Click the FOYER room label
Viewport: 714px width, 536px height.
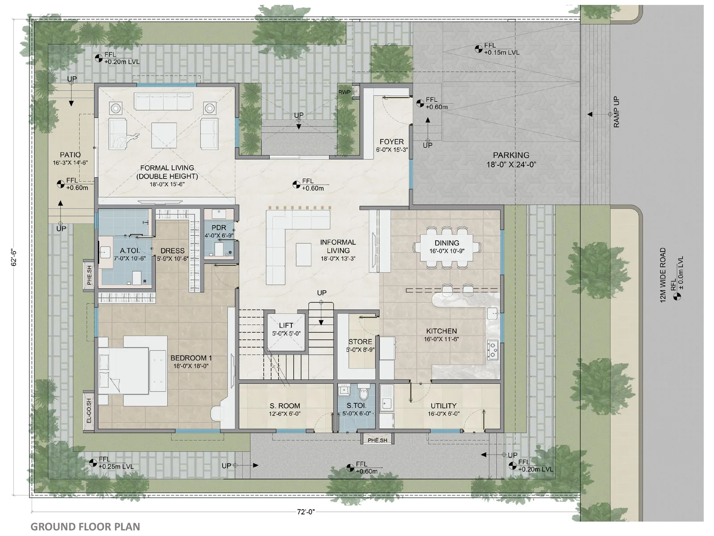click(x=392, y=142)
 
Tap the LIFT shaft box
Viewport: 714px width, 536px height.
click(x=286, y=332)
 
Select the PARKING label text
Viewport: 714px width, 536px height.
click(x=511, y=155)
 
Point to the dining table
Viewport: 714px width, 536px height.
click(x=447, y=247)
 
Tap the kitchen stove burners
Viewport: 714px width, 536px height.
click(x=493, y=350)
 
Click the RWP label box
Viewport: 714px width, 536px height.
click(x=345, y=92)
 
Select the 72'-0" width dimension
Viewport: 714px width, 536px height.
click(x=306, y=512)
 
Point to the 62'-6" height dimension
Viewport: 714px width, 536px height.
click(x=14, y=258)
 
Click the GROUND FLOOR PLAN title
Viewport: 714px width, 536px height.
click(x=85, y=527)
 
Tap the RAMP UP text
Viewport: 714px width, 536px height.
click(x=616, y=112)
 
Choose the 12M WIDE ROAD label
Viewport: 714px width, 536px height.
click(x=663, y=275)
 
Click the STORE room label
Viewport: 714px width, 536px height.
click(x=360, y=342)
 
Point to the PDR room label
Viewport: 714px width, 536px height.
click(x=219, y=228)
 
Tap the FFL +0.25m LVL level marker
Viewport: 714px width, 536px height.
click(x=112, y=463)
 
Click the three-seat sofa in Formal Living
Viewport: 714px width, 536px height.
click(x=164, y=101)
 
